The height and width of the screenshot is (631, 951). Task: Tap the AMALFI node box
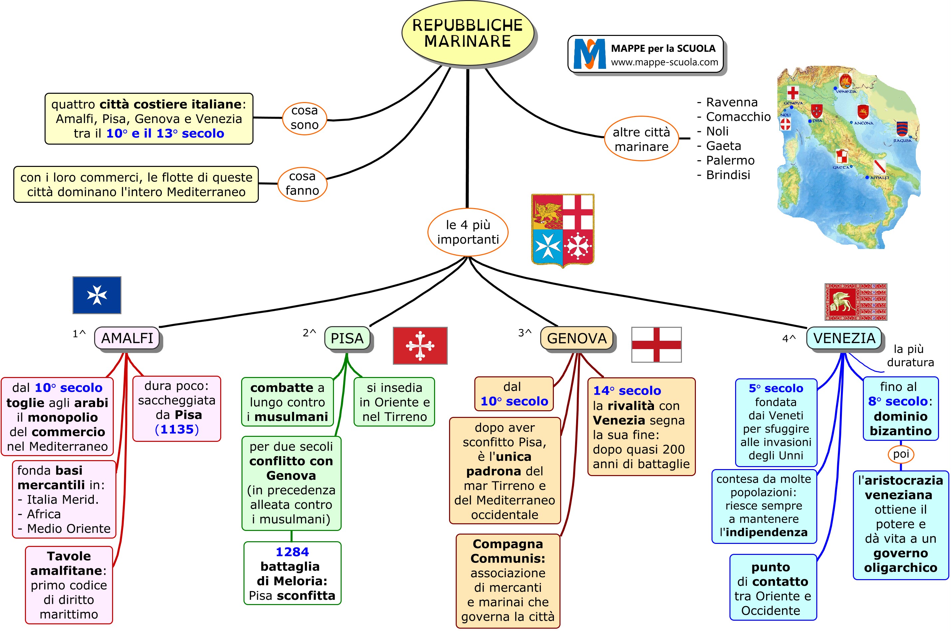tap(127, 338)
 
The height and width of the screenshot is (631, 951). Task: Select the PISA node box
tap(347, 338)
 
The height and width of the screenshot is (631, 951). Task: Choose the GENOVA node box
tap(576, 338)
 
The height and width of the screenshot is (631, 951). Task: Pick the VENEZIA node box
tap(844, 338)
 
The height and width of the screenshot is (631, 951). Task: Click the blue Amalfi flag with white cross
tap(96, 295)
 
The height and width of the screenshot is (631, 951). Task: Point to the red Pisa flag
tap(420, 346)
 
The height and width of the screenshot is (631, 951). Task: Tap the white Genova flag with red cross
tap(656, 345)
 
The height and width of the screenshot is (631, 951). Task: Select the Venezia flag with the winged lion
tap(856, 302)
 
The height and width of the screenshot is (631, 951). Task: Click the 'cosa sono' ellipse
tap(304, 118)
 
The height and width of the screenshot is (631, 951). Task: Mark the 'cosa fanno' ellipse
tap(302, 184)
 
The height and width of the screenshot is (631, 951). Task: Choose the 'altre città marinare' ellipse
tap(641, 139)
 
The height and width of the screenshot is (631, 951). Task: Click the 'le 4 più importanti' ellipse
tap(468, 232)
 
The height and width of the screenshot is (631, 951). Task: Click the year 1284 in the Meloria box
tap(292, 552)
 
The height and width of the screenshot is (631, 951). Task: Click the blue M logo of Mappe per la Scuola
tap(589, 54)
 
